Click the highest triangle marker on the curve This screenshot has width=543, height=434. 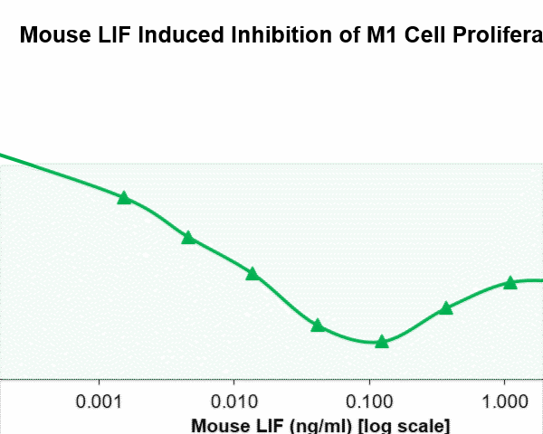pyautogui.click(x=125, y=198)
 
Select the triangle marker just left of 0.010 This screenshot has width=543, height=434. pyautogui.click(x=188, y=238)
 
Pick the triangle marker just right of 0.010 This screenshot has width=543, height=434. pyautogui.click(x=252, y=274)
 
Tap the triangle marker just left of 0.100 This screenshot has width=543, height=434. pyautogui.click(x=318, y=325)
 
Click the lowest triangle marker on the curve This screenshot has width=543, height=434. pyautogui.click(x=382, y=342)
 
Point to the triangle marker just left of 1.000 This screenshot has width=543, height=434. pyautogui.click(x=446, y=308)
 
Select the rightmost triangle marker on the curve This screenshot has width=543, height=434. pyautogui.click(x=510, y=283)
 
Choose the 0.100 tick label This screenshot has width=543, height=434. pyautogui.click(x=369, y=401)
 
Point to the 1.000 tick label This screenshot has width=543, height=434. pyautogui.click(x=504, y=401)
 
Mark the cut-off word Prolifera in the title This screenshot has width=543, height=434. pyautogui.click(x=494, y=37)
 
